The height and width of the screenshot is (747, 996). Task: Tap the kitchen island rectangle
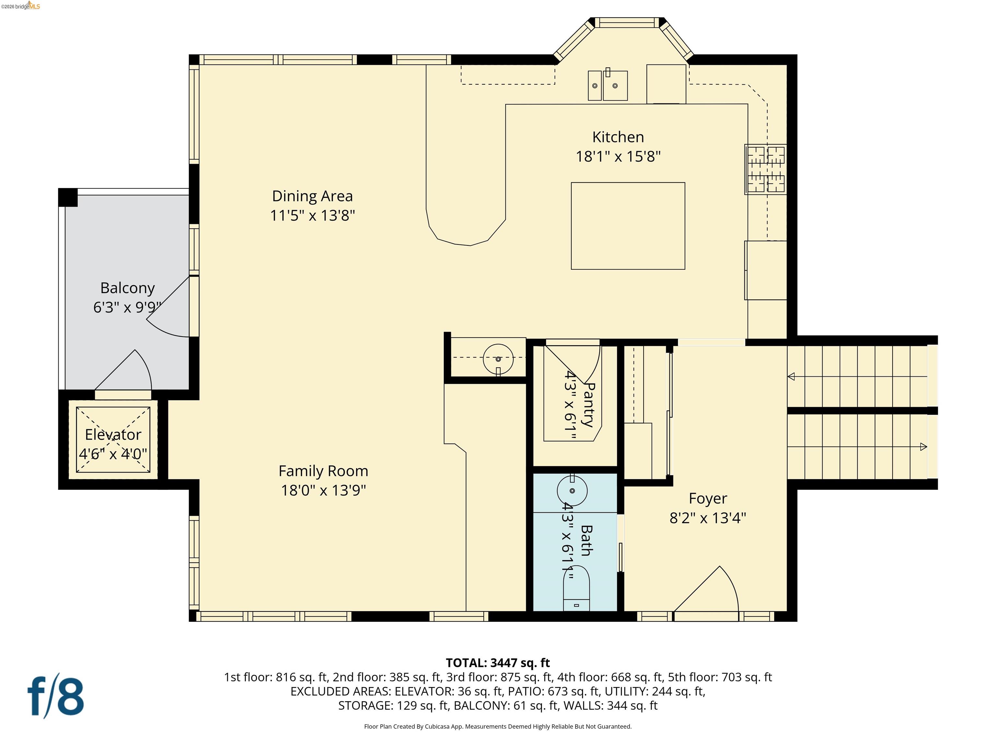[x=628, y=226]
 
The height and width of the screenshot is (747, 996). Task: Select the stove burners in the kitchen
[x=766, y=169]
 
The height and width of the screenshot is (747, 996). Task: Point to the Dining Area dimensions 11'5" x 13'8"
[x=313, y=216]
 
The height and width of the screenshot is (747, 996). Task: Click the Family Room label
[x=323, y=471]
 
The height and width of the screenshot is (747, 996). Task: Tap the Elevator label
[x=113, y=434]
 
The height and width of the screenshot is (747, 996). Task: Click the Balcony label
[x=127, y=288]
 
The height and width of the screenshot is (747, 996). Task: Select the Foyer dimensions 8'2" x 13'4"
[x=707, y=518]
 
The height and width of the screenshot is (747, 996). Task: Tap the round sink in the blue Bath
[x=572, y=490]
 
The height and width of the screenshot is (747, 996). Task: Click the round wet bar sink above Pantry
[x=498, y=359]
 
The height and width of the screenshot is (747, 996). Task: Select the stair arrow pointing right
[x=923, y=447]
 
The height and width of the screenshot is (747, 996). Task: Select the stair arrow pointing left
[x=791, y=376]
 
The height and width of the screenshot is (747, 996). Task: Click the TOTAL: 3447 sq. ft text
[x=498, y=663]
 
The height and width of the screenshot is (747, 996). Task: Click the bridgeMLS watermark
[x=21, y=6]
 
